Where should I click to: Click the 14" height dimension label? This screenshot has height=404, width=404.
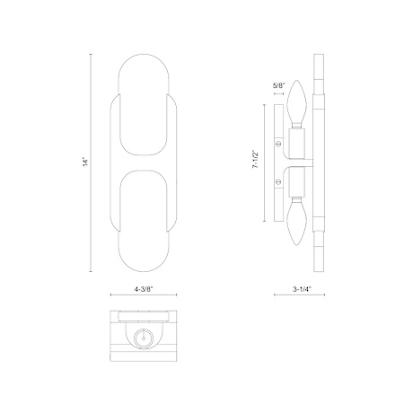click(86, 162)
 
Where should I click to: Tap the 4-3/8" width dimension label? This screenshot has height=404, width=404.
click(144, 289)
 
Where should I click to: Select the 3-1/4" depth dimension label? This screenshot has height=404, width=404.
click(303, 289)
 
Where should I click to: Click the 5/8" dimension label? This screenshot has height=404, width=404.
click(278, 86)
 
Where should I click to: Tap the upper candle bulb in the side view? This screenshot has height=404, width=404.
click(296, 104)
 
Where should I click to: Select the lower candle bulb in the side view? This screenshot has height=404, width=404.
click(296, 222)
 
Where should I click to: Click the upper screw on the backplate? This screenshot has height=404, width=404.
click(278, 144)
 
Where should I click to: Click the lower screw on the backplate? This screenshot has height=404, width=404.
click(278, 181)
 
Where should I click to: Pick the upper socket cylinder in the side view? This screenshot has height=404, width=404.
click(296, 144)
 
